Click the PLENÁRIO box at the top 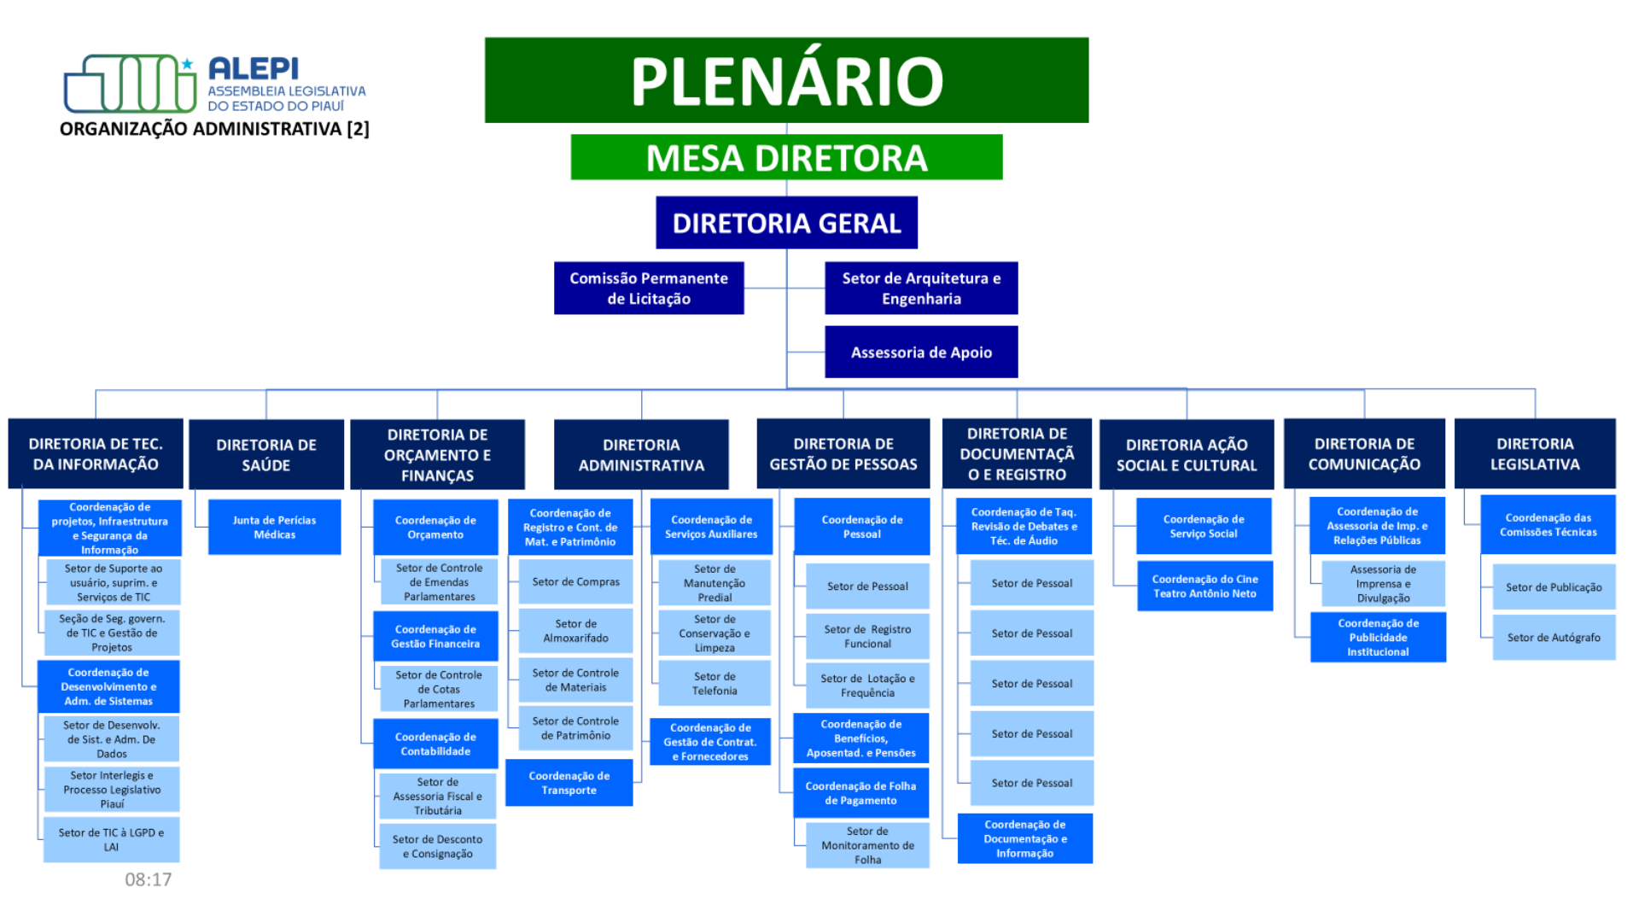coord(786,80)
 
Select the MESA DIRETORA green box coord(786,157)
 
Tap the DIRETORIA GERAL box coord(786,223)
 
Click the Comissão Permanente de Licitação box coord(649,289)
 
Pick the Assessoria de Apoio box coord(921,352)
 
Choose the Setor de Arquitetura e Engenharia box coord(921,289)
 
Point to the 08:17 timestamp coord(149,879)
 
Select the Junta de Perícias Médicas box coord(274,528)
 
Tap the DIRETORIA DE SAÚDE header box coord(266,455)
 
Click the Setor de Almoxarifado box coord(576,631)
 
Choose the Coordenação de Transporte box coord(569,783)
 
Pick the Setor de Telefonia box coord(715,684)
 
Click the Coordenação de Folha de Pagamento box coord(860,793)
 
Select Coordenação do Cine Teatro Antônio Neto coord(1204,586)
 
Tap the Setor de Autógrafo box coord(1554,638)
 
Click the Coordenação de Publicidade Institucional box coord(1378,638)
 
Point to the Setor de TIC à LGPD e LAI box coord(112,840)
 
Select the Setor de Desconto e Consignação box coord(438,847)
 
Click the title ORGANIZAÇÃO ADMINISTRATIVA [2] coord(214,129)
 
